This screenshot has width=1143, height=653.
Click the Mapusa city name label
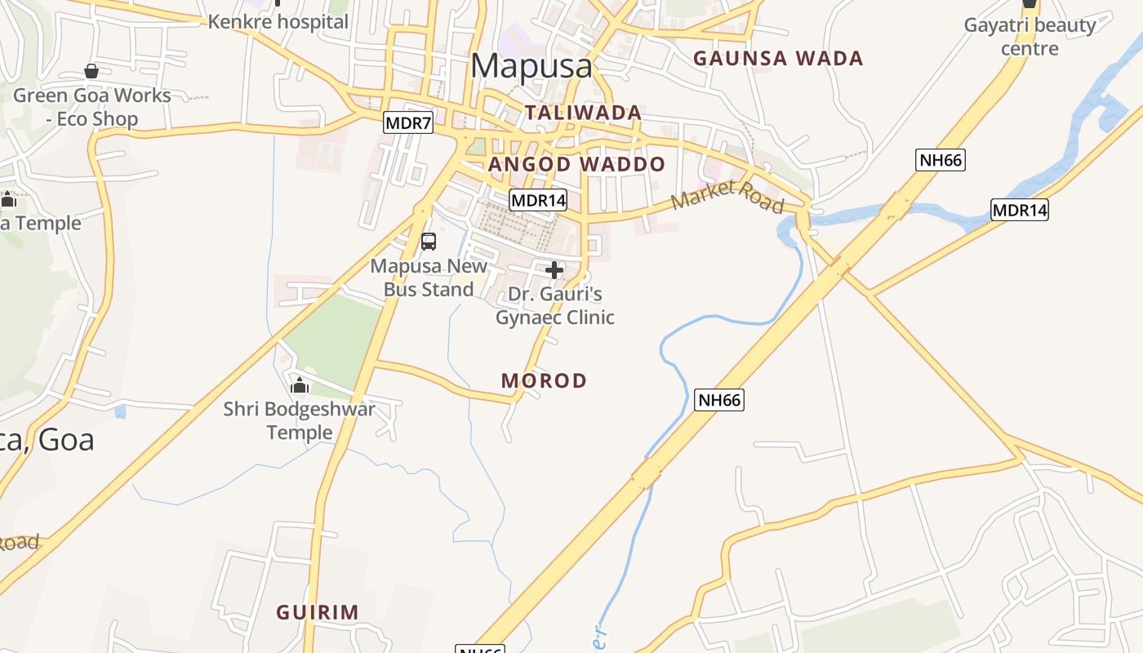531,65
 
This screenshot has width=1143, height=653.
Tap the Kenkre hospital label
278,22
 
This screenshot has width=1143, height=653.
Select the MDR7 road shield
407,123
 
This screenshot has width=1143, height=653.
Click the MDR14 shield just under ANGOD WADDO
537,200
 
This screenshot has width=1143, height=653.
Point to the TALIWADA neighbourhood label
583,113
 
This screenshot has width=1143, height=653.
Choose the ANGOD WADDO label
577,164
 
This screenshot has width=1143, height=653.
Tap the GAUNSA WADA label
777,59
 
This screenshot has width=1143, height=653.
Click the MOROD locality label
544,380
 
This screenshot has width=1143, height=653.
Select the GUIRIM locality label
317,612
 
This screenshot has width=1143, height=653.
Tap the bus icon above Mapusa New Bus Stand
429,242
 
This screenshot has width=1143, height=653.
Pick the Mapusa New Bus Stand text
429,278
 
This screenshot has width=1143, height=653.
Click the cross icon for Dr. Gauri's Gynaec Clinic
554,270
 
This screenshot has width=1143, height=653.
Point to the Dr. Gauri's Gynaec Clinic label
555,305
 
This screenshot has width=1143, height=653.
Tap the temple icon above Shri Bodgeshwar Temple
300,385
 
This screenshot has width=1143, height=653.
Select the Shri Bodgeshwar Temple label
300,420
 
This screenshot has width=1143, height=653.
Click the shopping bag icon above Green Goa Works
91,72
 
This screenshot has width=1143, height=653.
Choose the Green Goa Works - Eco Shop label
91,107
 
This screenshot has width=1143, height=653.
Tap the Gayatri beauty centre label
1030,37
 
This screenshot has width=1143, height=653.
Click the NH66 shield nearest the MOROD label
719,400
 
